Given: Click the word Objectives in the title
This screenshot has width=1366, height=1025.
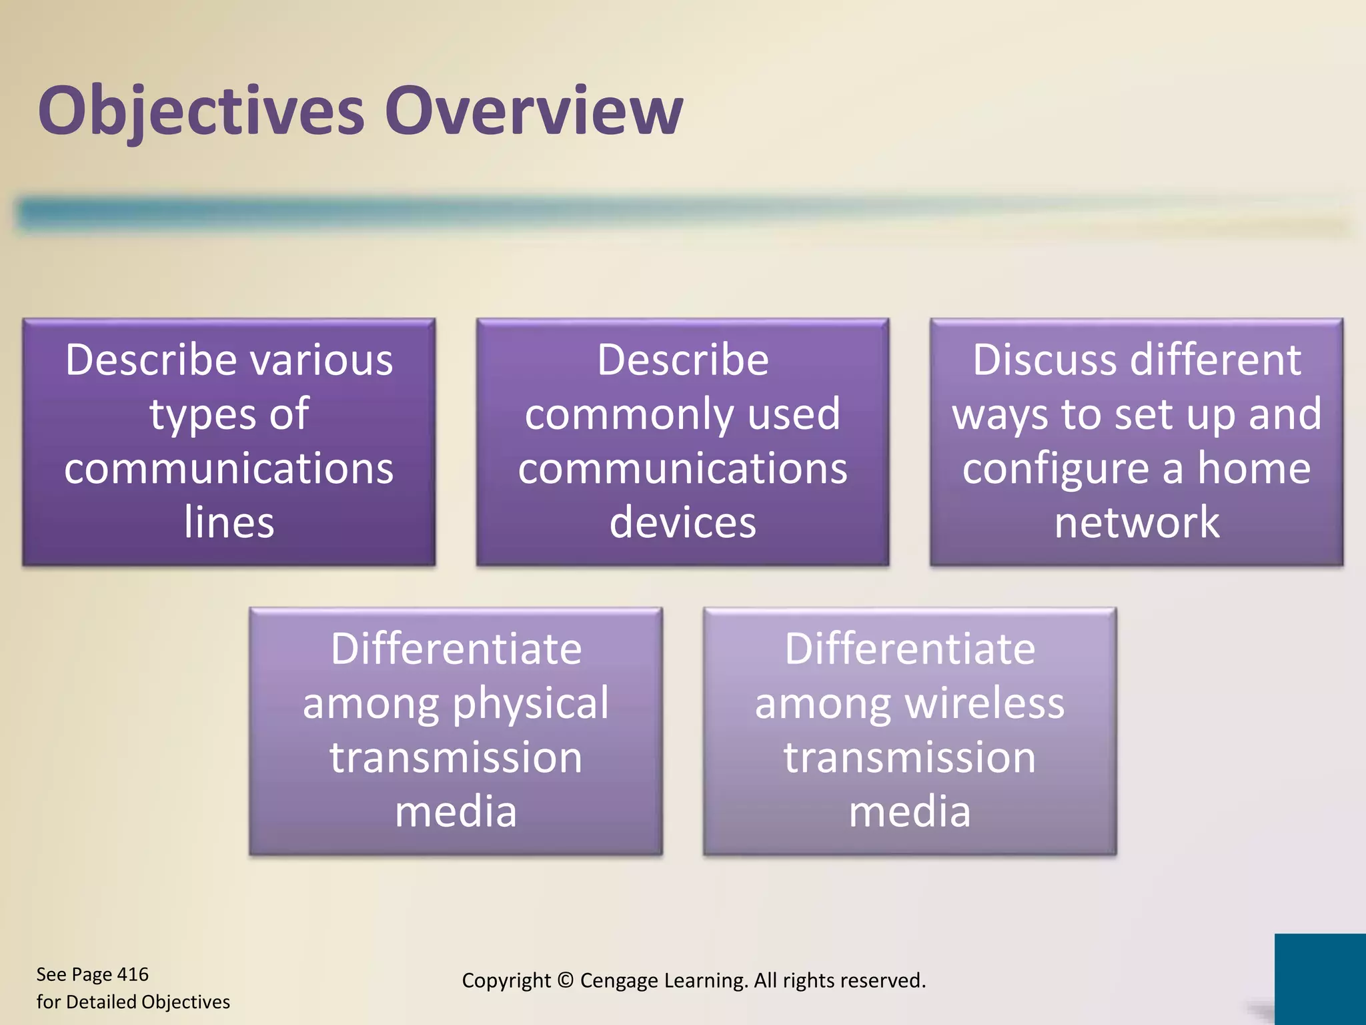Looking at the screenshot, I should [x=201, y=111].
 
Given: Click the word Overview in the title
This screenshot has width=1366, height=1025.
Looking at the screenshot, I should [x=534, y=111].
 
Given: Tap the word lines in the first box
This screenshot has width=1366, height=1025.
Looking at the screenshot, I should [x=229, y=522].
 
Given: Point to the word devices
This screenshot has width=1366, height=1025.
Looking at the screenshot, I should [x=682, y=522].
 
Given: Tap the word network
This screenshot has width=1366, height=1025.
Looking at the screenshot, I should [x=1137, y=522].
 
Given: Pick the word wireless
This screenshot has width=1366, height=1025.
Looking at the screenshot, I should [x=985, y=703].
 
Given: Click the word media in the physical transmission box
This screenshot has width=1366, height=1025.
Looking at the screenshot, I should [x=456, y=811].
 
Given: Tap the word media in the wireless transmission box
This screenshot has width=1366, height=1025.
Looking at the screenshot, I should [x=909, y=811].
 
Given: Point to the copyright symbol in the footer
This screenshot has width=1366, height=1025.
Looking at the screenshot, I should [x=565, y=980].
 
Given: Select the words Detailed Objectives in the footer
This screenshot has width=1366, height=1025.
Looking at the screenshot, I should [x=148, y=1002].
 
